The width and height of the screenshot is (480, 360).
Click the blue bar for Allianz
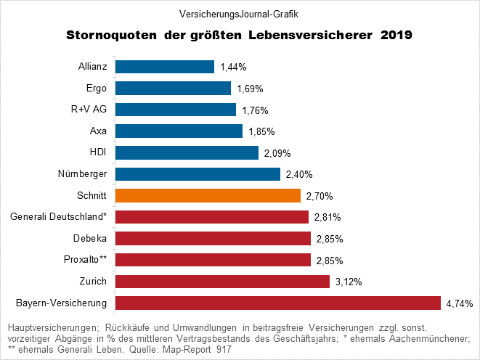[165, 67]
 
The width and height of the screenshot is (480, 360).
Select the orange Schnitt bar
[208, 195]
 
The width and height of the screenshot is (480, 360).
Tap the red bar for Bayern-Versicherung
[278, 303]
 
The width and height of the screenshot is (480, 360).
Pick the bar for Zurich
[223, 281]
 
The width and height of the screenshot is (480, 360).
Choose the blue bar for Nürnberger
[198, 174]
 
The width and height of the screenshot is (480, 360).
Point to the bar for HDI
[187, 152]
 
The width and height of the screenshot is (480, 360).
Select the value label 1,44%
[234, 67]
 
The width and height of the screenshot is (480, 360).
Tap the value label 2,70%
[320, 196]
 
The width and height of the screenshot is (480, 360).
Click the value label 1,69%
[251, 89]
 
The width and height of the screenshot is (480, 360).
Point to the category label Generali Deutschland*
[59, 217]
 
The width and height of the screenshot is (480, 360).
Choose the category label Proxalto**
[86, 260]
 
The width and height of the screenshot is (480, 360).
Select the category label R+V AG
[90, 110]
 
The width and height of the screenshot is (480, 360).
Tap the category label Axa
[98, 131]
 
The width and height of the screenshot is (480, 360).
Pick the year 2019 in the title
[396, 35]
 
